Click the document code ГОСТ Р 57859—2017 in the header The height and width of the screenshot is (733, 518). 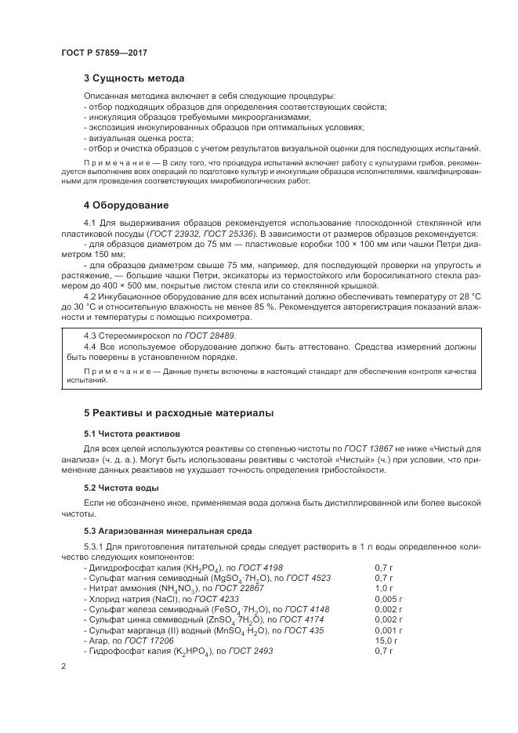coord(103,53)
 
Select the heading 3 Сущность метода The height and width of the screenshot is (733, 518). coord(134,78)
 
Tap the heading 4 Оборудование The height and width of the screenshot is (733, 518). coord(126,205)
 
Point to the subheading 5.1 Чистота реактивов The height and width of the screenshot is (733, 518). coord(132,433)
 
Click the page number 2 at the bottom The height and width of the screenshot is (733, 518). coord(63,666)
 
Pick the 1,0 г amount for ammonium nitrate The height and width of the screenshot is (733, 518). coord(383,587)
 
